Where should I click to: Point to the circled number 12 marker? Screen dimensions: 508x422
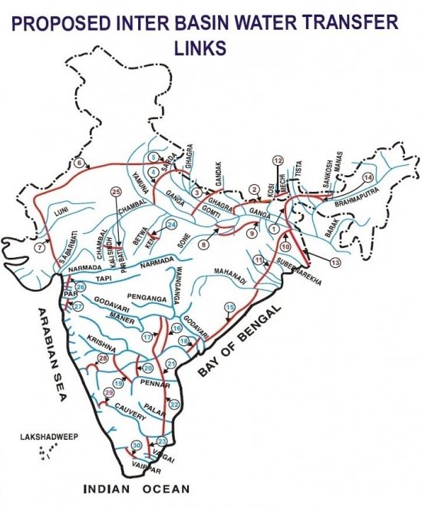278,160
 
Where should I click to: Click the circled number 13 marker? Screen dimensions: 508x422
335,262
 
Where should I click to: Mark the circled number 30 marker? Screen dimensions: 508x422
137,446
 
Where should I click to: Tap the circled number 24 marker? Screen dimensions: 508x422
172,224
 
